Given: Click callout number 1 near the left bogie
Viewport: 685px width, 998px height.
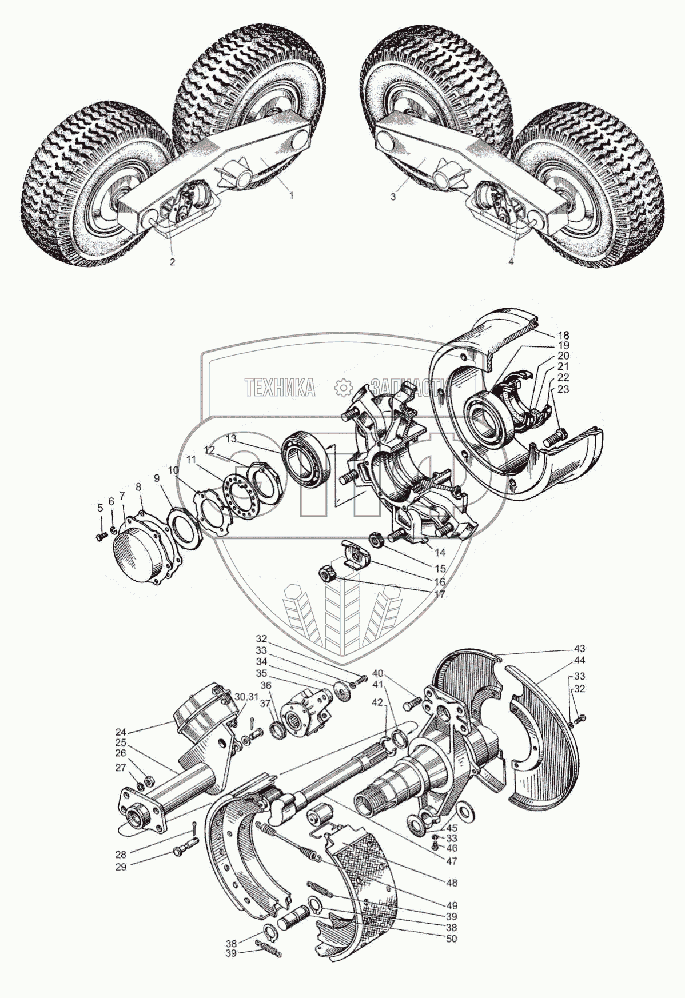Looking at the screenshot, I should point(291,195).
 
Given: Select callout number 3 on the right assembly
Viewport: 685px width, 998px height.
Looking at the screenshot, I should point(393,195).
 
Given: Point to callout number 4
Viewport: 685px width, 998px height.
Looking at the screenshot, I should point(511,261).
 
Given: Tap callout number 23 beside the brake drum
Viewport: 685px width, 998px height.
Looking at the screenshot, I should point(564,389).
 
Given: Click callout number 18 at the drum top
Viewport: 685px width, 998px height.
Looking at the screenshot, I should point(564,334).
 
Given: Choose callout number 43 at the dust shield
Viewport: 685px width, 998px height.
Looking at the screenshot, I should point(580,649).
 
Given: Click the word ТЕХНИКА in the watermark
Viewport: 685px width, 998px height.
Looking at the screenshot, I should point(280,388).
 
